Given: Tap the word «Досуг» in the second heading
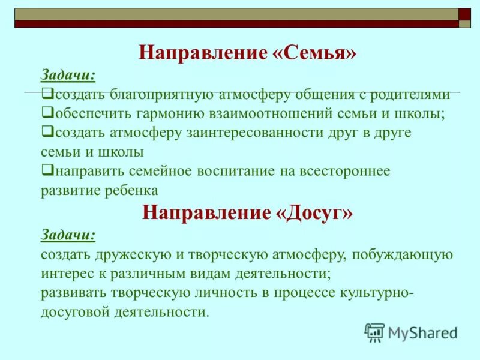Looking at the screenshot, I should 314,212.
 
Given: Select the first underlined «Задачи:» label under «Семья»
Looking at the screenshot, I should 68,75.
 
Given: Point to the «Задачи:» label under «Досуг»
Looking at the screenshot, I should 68,235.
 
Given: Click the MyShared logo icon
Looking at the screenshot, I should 374,332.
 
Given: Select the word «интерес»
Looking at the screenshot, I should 65,274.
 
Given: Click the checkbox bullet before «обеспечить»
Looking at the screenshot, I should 47,112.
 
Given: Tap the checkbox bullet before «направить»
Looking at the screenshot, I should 47,170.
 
